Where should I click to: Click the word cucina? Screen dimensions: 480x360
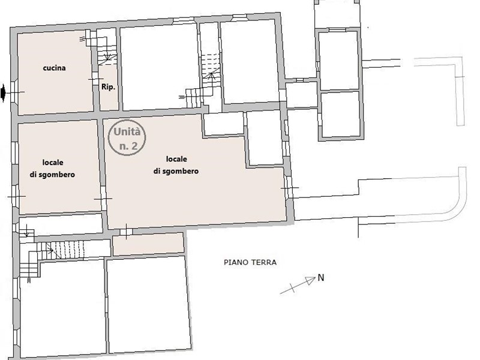[54, 68]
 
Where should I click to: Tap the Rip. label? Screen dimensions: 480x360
[109, 87]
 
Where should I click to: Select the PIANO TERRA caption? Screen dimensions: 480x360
[250, 262]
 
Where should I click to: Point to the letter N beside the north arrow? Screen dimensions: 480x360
[321, 278]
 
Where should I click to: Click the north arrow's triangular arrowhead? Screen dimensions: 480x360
[311, 280]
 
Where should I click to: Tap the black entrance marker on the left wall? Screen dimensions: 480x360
[3, 93]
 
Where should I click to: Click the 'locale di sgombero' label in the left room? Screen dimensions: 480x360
[52, 169]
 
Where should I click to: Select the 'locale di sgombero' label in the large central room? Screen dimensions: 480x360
[176, 165]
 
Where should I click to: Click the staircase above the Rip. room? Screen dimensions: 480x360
[107, 55]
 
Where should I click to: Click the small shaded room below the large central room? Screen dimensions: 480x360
[148, 244]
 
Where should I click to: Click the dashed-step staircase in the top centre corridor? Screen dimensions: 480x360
[211, 70]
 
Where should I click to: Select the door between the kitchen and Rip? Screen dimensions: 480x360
[95, 79]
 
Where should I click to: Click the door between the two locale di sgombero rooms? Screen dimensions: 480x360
[103, 199]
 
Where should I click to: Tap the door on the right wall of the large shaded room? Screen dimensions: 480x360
[289, 188]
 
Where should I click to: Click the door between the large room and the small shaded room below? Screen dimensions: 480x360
[125, 232]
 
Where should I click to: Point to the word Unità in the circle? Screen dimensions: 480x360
[127, 132]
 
